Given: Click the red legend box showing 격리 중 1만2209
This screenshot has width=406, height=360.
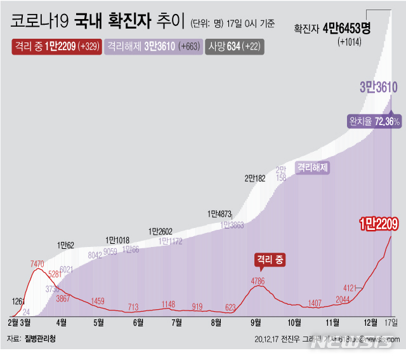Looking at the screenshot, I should tap(56, 46).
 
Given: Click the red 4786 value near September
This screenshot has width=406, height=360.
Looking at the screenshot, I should tap(258, 281).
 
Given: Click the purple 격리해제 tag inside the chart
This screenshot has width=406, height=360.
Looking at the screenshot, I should tap(313, 168).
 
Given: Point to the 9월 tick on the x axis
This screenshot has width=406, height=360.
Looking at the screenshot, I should tap(255, 323).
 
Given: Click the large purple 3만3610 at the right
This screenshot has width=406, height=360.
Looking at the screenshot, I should tap(378, 87).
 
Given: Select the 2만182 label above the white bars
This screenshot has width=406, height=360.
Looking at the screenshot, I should tap(254, 178).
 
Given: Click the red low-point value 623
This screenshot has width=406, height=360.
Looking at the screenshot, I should tap(230, 307).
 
